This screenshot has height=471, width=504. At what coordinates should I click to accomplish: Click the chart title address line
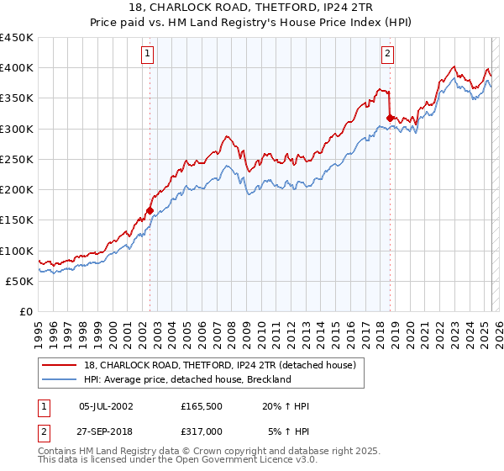[x=252, y=8]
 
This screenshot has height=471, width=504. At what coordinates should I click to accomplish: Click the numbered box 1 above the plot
[x=148, y=55]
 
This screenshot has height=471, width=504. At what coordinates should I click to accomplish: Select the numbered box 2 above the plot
[x=388, y=55]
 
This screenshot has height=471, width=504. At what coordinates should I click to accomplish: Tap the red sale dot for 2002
[x=150, y=210]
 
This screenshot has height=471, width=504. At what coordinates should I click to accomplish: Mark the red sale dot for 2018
[x=390, y=119]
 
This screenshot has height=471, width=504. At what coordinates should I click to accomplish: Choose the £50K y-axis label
[x=20, y=281]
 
